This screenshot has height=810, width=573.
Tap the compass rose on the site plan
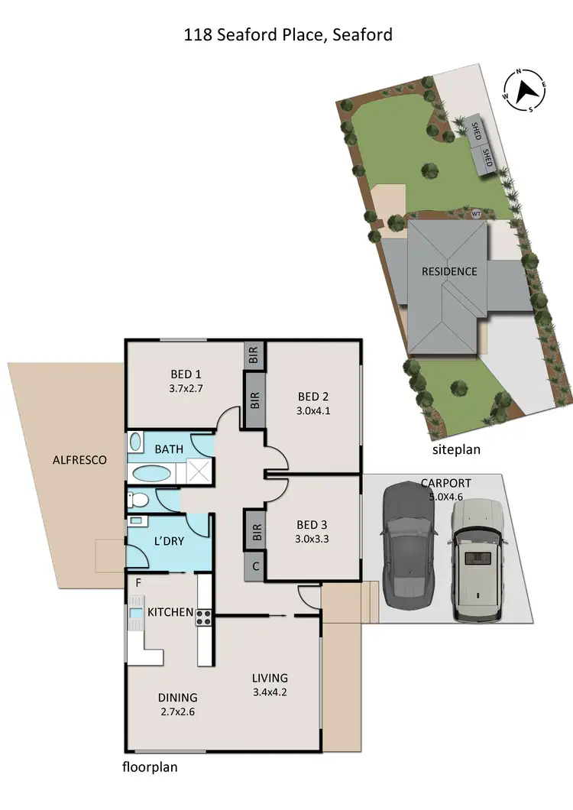click(525, 91)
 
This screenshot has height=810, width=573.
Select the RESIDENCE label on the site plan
click(449, 271)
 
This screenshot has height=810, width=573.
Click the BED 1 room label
click(186, 374)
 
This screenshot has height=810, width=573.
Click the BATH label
click(169, 449)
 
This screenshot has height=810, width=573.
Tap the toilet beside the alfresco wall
click(138, 501)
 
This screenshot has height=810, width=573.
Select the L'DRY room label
click(169, 540)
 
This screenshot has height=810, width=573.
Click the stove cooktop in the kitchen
click(204, 617)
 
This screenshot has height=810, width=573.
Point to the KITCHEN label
click(170, 612)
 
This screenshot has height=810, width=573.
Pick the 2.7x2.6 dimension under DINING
click(177, 711)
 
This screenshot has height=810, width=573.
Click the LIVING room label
click(270, 678)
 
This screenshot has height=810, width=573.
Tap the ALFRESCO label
click(79, 460)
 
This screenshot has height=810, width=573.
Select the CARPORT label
click(445, 483)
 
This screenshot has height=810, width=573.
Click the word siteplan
click(456, 449)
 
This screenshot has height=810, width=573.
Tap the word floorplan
click(150, 767)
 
